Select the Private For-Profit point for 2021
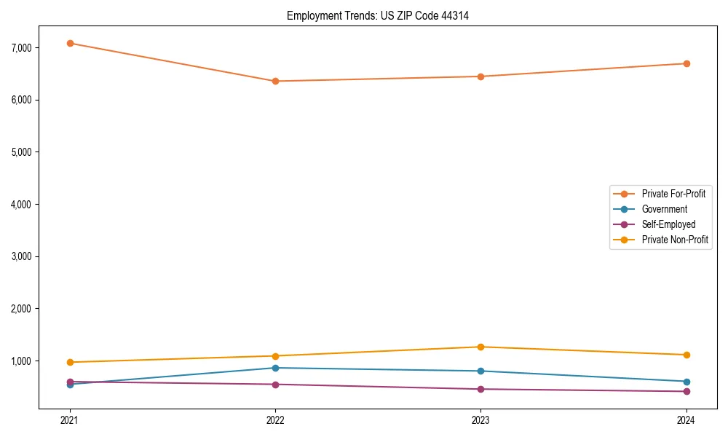70,43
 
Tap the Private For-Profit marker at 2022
275,81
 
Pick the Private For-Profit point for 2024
687,63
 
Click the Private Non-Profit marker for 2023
480,347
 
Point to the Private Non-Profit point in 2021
70,362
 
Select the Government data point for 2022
275,368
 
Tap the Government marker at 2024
687,382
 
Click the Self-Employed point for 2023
480,389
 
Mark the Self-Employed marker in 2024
687,391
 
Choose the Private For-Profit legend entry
673,194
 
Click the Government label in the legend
664,209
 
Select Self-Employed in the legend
668,224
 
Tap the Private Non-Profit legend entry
675,240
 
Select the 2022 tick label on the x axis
275,420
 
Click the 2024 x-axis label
687,420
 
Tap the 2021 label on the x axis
70,420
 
